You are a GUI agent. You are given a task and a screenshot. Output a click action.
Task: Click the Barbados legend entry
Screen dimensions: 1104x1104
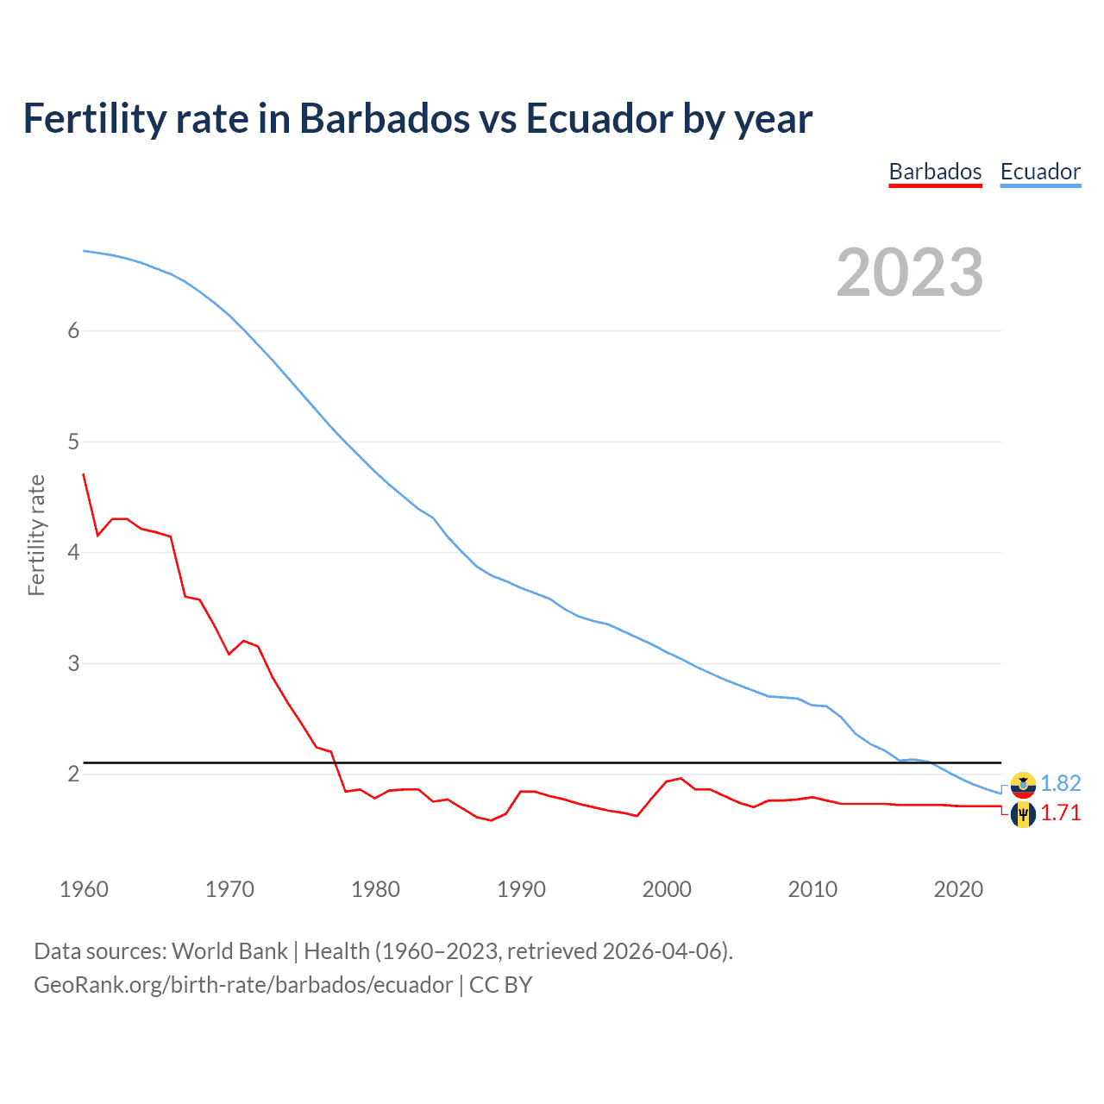[x=935, y=172]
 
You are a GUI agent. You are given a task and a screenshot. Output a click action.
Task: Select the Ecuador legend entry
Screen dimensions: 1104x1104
[x=1040, y=172]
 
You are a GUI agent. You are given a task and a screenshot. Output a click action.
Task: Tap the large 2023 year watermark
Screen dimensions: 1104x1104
[x=909, y=273]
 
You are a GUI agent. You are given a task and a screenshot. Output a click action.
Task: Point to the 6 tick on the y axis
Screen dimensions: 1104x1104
[x=73, y=330]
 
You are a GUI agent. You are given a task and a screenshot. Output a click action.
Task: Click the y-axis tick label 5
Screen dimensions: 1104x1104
[x=73, y=442]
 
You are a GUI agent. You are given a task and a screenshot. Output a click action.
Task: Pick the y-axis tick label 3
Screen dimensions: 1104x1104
[x=73, y=663]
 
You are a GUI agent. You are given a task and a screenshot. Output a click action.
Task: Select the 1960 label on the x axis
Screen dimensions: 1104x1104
[x=84, y=889]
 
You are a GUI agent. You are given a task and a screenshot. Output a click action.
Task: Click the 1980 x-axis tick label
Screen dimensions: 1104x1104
[x=375, y=889]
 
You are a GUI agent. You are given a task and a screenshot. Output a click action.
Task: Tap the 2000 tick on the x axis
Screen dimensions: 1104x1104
[x=667, y=889]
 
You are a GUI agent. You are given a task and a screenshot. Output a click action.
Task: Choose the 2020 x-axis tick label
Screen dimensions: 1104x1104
[x=958, y=889]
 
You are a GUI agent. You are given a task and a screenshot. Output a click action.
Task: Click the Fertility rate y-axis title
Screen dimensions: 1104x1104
[x=36, y=535]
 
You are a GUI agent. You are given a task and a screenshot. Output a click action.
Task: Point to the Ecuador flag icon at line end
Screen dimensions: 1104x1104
[x=1023, y=784]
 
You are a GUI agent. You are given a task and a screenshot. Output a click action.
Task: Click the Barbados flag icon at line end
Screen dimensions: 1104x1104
[x=1023, y=813]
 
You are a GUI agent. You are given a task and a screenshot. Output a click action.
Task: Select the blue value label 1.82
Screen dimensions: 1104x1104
[x=1060, y=783]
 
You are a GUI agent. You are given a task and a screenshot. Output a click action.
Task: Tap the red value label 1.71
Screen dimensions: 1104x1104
[x=1060, y=813]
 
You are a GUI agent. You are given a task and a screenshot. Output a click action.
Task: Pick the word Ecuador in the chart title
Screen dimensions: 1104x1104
[x=599, y=119]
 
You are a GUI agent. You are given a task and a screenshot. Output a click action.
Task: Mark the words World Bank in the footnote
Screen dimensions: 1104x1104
[x=229, y=951]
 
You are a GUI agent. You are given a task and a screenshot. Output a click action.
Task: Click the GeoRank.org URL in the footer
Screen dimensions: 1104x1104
[x=242, y=985]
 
